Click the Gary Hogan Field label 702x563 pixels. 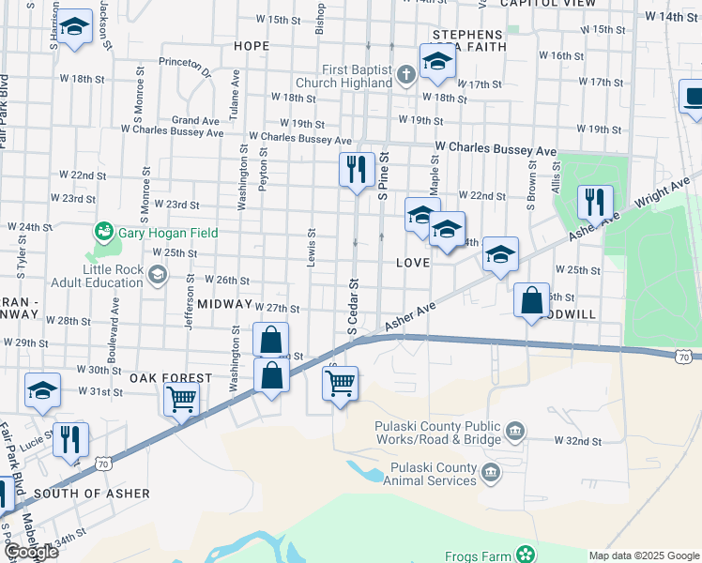[x=167, y=233]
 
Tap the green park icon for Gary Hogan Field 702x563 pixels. [x=103, y=231]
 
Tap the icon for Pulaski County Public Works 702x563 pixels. [x=515, y=432]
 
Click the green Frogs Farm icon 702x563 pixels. [x=527, y=552]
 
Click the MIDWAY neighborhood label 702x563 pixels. [x=221, y=305]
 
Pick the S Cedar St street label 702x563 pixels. [x=354, y=305]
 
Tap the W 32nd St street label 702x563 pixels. [x=576, y=440]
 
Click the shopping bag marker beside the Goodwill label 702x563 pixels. [x=531, y=301]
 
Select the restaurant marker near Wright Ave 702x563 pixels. [x=595, y=202]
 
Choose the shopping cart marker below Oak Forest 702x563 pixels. [x=180, y=398]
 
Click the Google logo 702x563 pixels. [x=30, y=552]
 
